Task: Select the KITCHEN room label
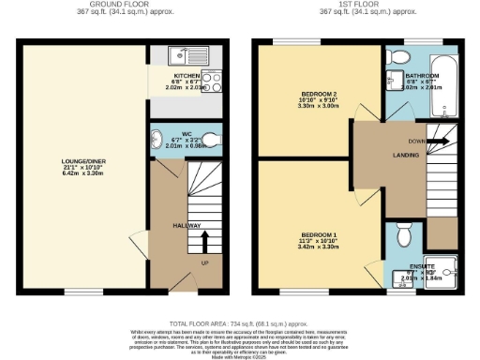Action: pyautogui.click(x=186, y=74)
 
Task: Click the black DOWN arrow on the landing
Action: pyautogui.click(x=440, y=142)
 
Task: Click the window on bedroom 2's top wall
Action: pyautogui.click(x=286, y=42)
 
